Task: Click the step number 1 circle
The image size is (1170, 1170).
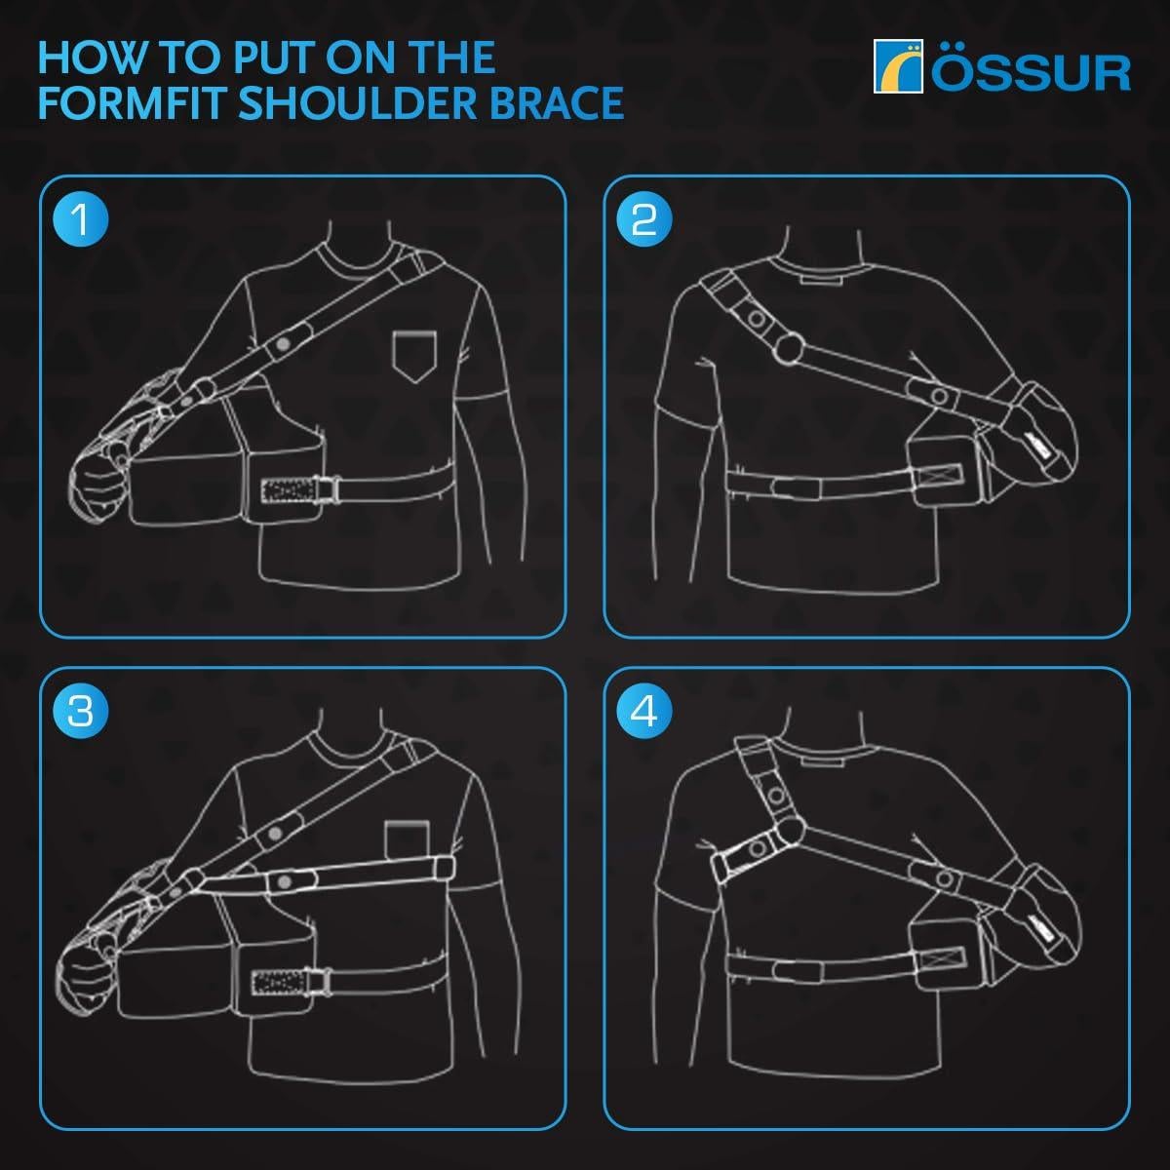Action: pos(81,219)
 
